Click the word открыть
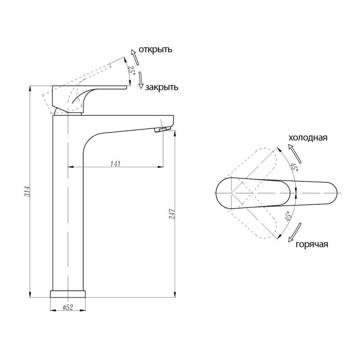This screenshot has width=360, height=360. pyautogui.click(x=155, y=49)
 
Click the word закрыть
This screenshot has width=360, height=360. pyautogui.click(x=162, y=87)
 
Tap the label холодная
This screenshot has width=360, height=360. pyautogui.click(x=308, y=138)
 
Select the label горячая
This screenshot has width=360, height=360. pyautogui.click(x=312, y=244)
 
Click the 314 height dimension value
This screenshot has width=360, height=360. pyautogui.click(x=27, y=191)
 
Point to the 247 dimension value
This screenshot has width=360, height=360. pyautogui.click(x=172, y=214)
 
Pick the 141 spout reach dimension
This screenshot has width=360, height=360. pyautogui.click(x=116, y=164)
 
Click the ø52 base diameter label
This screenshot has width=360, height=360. pyautogui.click(x=68, y=307)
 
